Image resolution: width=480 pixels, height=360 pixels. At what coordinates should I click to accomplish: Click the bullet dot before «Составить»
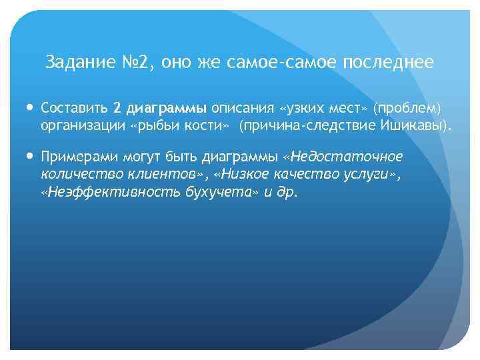click(30, 107)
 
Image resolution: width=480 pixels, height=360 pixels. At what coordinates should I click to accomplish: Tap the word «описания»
click(243, 108)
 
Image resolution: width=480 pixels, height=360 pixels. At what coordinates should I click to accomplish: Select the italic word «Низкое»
click(245, 175)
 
